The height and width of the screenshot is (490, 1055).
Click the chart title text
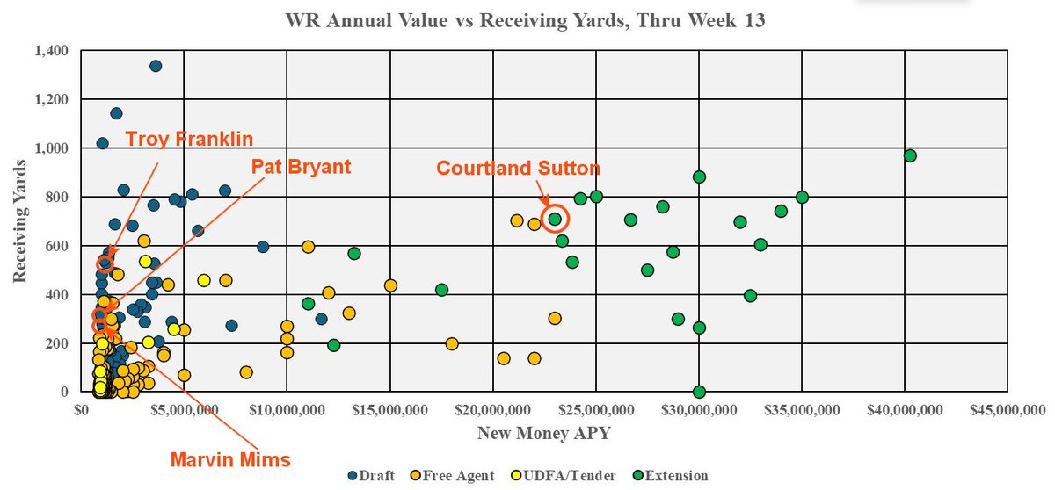[x=526, y=20]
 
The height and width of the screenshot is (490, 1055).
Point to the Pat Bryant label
[x=301, y=166]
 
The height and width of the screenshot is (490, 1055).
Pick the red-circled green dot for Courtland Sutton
[x=555, y=219]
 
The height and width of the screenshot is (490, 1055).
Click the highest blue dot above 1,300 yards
[x=156, y=66]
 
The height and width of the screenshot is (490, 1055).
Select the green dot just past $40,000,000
[x=910, y=155]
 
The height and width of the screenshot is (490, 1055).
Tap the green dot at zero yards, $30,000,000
[x=699, y=392]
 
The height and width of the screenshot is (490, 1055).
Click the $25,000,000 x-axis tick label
[x=596, y=409]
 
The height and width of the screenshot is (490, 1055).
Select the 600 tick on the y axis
[x=60, y=246]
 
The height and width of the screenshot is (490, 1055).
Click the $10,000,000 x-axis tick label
[x=287, y=409]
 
